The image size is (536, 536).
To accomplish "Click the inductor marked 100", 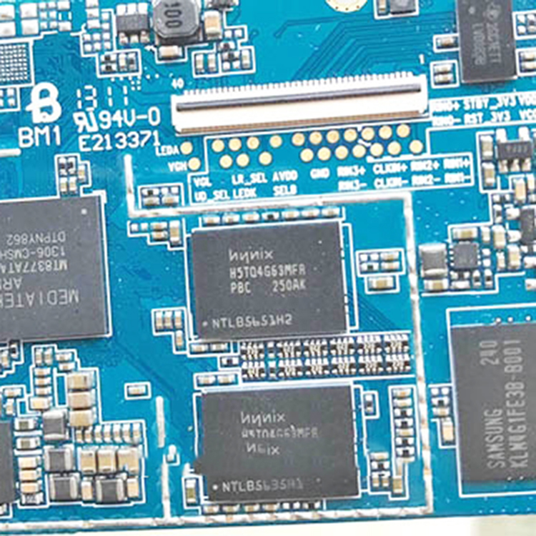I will point(174,19).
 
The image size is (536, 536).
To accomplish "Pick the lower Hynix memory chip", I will point(279,442).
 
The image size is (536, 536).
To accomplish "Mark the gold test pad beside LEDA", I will point(187,148).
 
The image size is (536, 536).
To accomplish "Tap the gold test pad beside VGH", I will point(194,164).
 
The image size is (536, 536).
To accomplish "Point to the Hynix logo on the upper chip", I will point(249,254).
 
